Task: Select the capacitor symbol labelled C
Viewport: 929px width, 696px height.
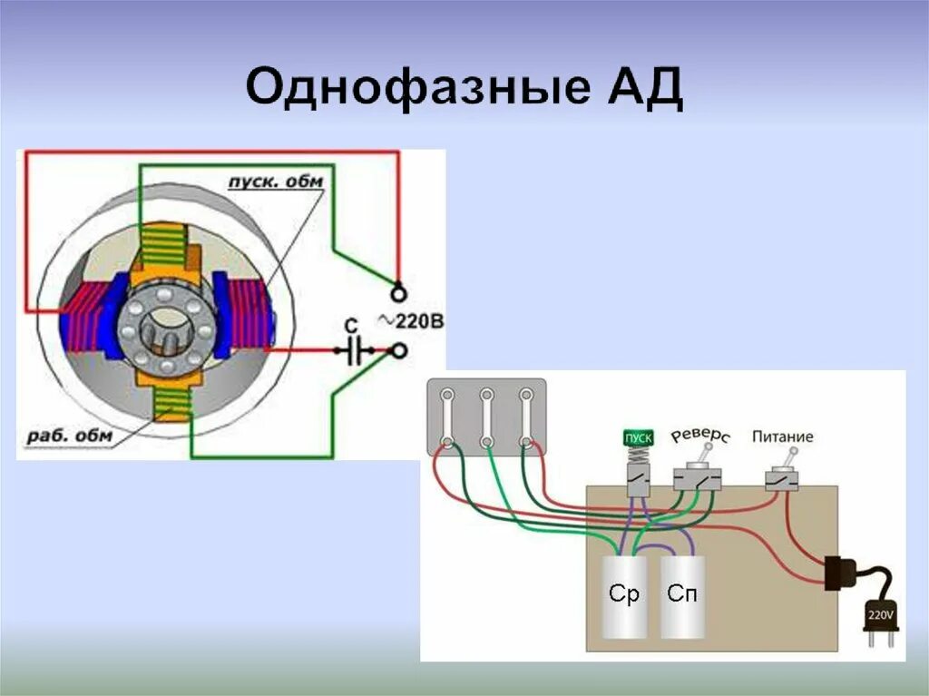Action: (355, 349)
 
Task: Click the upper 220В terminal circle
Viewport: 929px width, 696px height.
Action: (396, 292)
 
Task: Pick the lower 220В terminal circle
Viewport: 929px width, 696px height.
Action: (396, 350)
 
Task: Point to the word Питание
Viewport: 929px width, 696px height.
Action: (782, 436)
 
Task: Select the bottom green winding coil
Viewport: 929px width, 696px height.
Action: (172, 403)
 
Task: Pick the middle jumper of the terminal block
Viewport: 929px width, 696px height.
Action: (486, 417)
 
